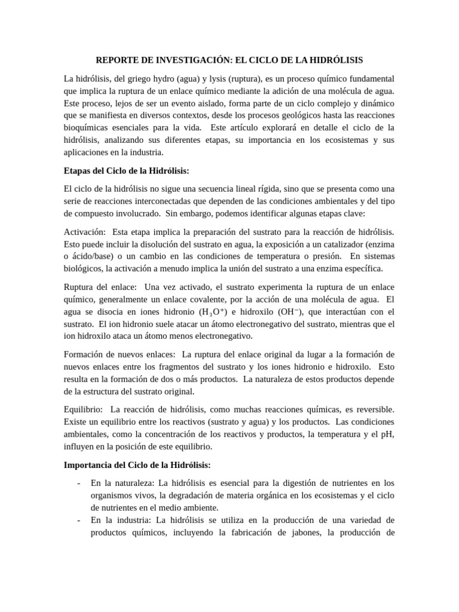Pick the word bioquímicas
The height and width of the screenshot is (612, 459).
click(x=86, y=128)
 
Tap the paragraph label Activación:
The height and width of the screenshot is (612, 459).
click(x=85, y=231)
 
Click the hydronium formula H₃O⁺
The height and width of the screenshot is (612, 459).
click(x=213, y=311)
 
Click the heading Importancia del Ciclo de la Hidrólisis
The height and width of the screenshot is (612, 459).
click(x=137, y=465)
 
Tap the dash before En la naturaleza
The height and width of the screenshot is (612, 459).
click(x=79, y=483)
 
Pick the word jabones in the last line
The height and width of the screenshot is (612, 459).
click(x=301, y=533)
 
